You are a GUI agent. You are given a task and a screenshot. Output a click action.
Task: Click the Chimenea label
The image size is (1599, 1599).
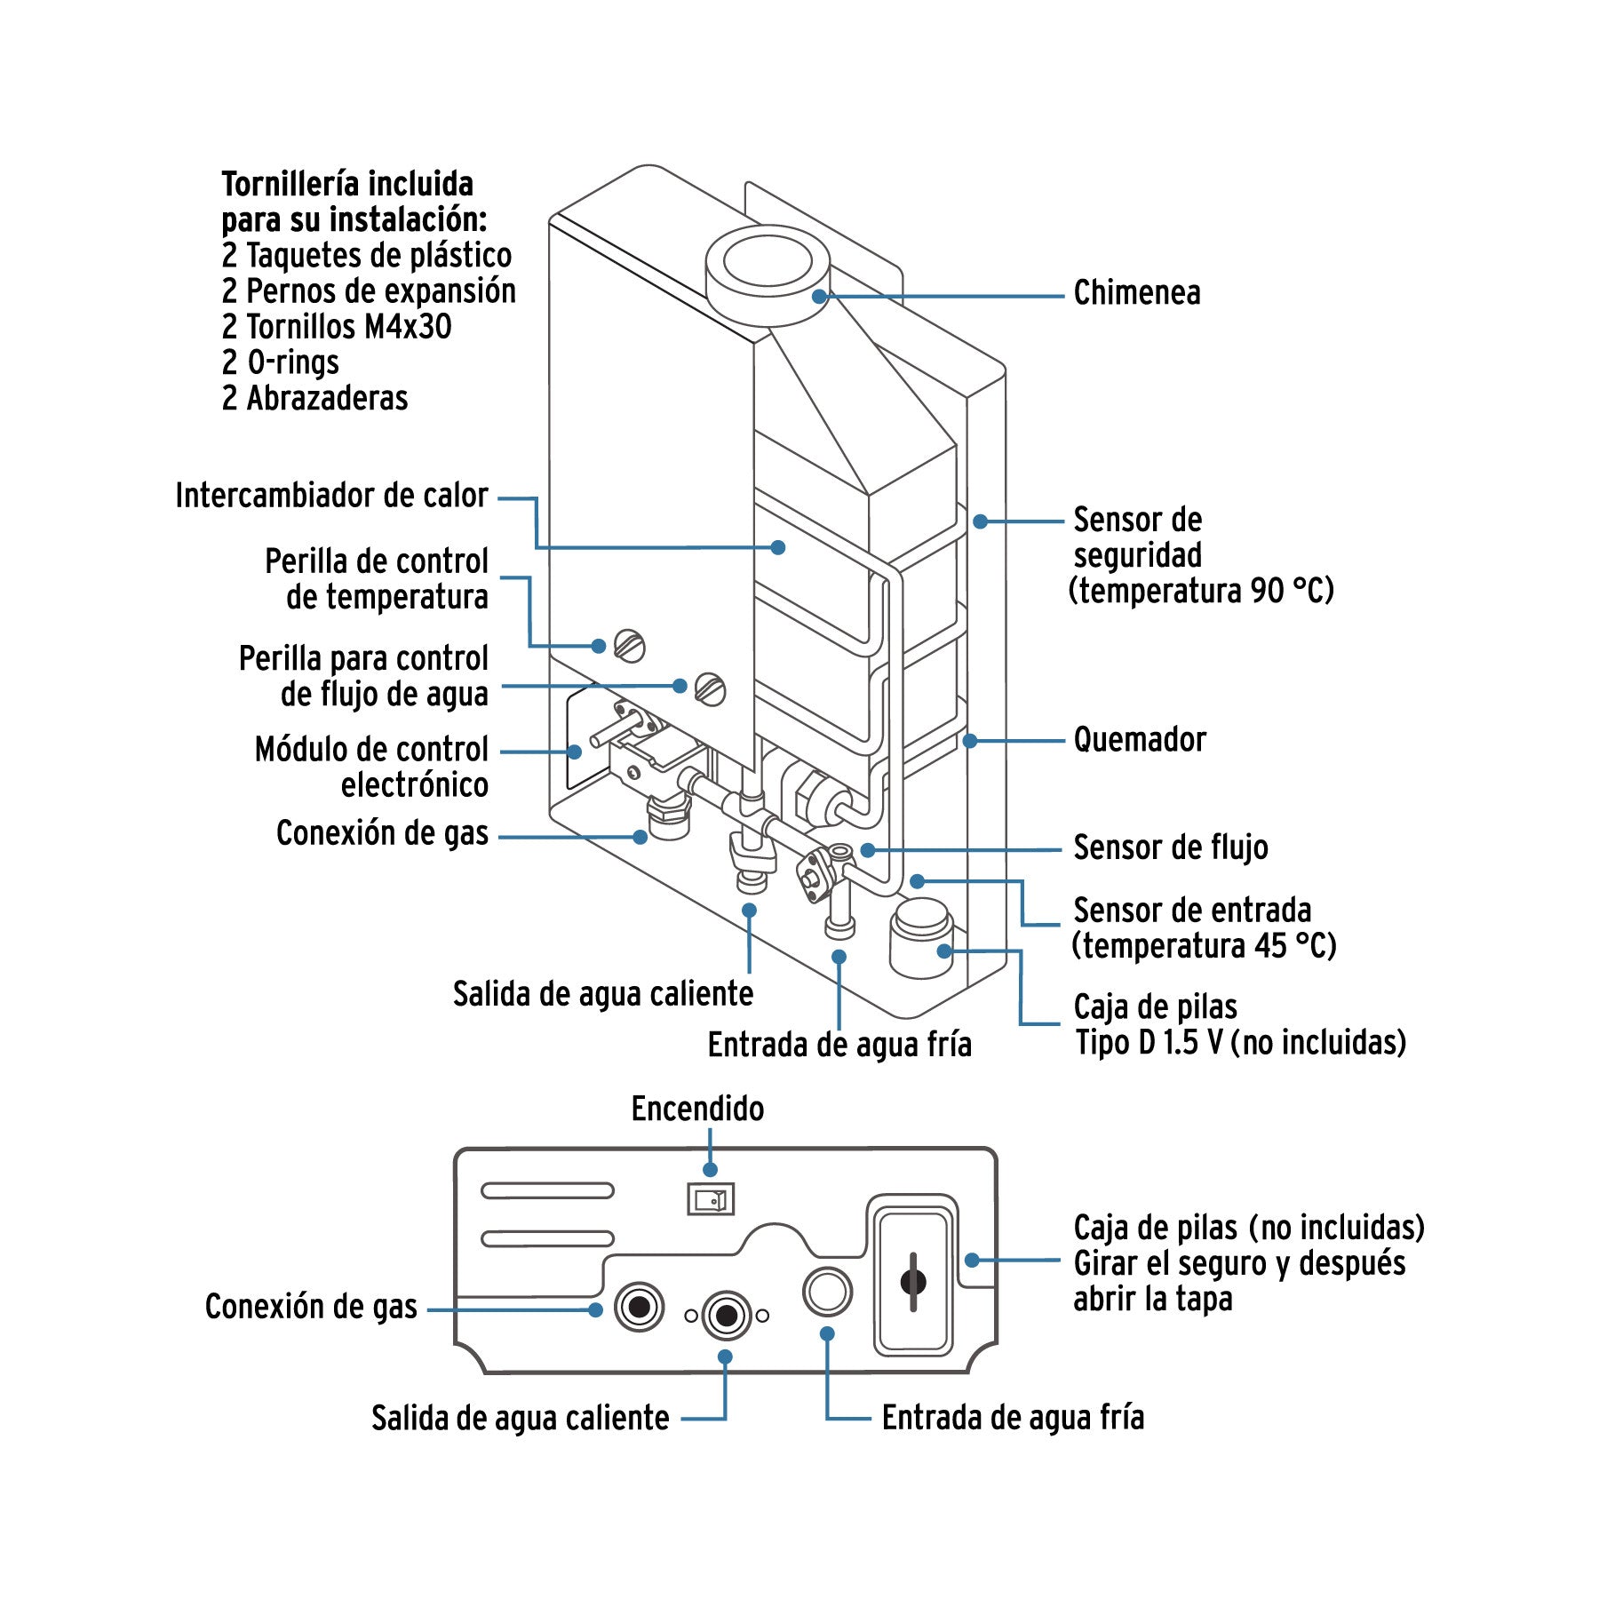pos(1136,293)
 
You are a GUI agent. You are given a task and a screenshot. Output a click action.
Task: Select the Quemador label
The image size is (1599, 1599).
pos(1140,740)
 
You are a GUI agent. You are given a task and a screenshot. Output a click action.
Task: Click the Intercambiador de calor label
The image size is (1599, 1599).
pos(331,496)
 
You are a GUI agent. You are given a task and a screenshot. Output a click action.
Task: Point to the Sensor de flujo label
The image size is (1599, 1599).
pos(1170,847)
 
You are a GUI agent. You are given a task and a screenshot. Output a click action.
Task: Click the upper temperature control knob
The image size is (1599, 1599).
pos(630,646)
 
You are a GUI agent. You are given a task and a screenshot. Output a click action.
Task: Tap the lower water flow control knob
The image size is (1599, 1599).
pos(710,689)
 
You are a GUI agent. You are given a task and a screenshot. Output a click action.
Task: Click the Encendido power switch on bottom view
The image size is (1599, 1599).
pos(711,1200)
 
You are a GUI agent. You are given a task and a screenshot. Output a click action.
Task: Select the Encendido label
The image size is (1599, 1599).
pos(697,1109)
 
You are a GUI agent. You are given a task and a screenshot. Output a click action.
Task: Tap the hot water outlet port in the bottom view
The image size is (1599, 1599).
pos(726,1315)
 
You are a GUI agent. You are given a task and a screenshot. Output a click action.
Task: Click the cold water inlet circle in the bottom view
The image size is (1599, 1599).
pos(827,1292)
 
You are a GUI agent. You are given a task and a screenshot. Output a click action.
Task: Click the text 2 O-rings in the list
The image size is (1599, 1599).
pos(281,362)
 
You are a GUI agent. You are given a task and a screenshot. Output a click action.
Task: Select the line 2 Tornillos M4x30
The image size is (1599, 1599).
pos(337,327)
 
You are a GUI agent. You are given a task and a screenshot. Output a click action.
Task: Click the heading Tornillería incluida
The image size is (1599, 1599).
pos(347,185)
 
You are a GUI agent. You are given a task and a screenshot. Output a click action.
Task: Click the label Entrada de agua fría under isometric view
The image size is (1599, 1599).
pos(839,1045)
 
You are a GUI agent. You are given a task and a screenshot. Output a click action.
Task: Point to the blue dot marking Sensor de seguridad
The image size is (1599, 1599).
pos(980,521)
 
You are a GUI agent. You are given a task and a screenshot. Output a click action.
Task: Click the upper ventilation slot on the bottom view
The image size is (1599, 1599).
pos(547,1190)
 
